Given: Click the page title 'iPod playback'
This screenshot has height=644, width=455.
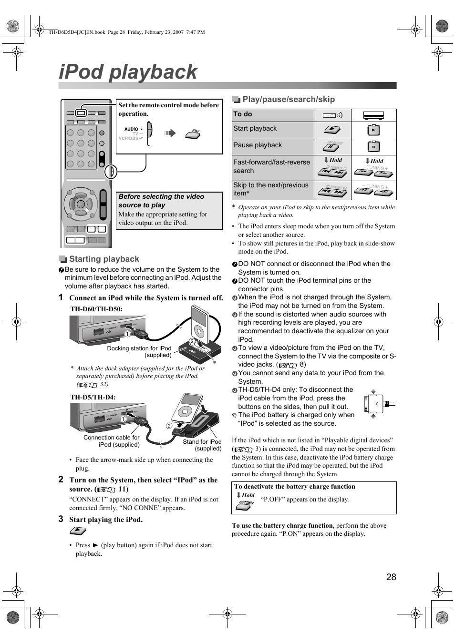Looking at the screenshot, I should click(x=128, y=72).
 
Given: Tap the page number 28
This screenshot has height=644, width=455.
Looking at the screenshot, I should click(x=391, y=577).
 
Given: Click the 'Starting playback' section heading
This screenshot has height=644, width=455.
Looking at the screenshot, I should click(x=104, y=259).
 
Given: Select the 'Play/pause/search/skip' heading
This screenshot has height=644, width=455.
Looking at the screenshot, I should click(x=289, y=99).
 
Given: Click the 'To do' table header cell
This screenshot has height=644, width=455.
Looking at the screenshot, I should click(x=243, y=114).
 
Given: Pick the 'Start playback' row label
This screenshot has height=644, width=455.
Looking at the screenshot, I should click(x=255, y=129).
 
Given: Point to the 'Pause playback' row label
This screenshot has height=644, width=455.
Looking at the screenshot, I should click(x=258, y=145).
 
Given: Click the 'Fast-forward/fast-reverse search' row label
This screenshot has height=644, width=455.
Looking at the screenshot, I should click(x=271, y=166).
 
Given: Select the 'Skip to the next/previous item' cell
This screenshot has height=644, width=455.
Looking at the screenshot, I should click(x=270, y=189).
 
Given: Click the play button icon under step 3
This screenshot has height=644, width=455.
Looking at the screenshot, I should click(x=78, y=531).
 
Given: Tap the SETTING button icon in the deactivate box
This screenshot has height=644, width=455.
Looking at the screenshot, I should click(x=246, y=505).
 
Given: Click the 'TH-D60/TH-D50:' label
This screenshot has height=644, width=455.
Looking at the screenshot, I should click(x=96, y=309).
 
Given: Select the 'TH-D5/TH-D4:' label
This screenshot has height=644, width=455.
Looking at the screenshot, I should click(x=93, y=397).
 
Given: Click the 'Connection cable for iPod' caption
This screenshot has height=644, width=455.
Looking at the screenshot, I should click(x=112, y=441).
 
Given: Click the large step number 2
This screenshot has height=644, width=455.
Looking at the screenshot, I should click(x=61, y=479).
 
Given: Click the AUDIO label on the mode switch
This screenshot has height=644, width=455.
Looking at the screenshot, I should click(x=131, y=129).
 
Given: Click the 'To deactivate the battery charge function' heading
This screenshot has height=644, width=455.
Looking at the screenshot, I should click(x=294, y=487).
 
